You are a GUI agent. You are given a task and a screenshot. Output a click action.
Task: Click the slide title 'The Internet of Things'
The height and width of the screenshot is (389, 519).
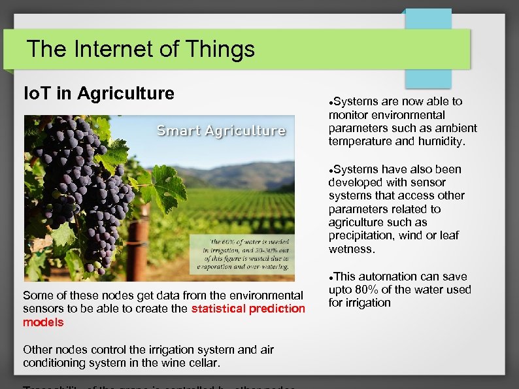coord(141,49)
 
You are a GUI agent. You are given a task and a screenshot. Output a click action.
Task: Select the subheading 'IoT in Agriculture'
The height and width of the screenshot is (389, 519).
coord(99,93)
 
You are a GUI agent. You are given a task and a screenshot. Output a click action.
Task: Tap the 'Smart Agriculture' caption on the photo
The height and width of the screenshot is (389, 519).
coord(221,130)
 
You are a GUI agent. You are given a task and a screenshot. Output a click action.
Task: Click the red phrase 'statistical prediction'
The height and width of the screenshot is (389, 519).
coord(248,309)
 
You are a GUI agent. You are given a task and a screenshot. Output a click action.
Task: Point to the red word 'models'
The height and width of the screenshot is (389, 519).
coord(43,322)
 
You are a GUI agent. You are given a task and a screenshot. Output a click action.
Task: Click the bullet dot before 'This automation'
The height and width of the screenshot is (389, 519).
coord(331,277)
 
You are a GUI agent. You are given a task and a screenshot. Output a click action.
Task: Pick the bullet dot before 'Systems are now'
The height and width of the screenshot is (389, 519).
coord(331,101)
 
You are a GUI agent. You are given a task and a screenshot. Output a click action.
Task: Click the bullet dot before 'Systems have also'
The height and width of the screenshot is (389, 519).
coord(331,169)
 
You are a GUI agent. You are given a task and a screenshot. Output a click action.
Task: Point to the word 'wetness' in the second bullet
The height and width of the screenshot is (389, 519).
coord(352,249)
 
